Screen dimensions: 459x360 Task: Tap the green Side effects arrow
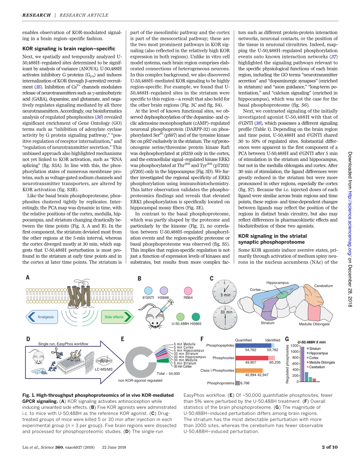116,317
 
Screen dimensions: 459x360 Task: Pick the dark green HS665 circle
196,317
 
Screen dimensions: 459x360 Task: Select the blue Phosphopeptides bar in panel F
253,345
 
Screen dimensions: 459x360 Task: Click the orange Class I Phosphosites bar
249,370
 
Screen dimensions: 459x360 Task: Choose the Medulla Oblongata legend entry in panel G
322,362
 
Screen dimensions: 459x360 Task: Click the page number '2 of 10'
329,447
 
